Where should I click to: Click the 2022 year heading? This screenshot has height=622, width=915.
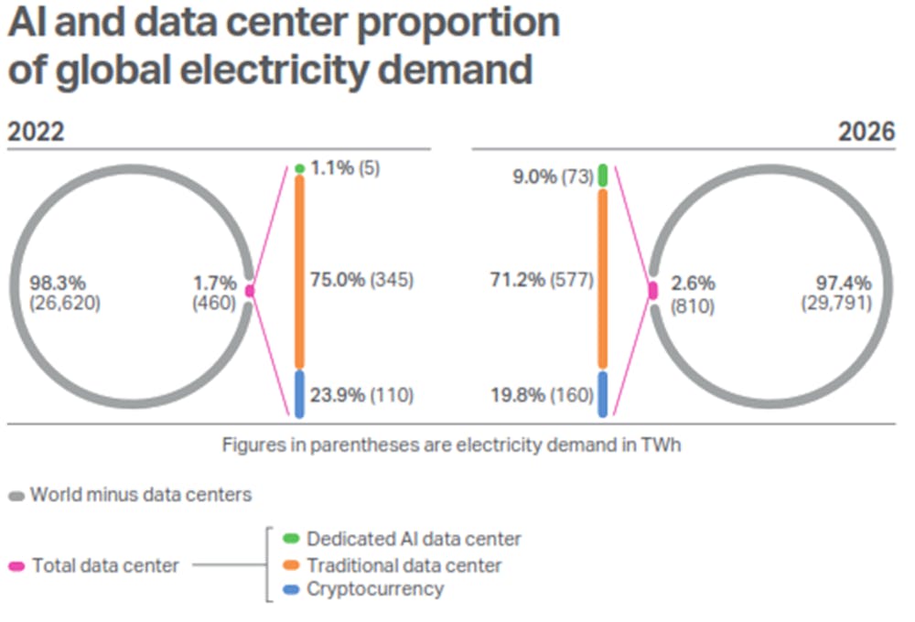click(x=37, y=132)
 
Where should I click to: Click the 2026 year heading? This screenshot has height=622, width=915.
click(x=867, y=132)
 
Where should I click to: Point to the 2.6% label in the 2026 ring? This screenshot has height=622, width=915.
click(x=694, y=284)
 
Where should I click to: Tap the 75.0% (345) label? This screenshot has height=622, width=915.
click(x=361, y=281)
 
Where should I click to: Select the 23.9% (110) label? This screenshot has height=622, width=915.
click(x=361, y=395)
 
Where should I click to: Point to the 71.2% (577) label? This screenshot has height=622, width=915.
click(x=542, y=281)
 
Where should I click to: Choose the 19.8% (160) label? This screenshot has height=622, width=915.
click(x=542, y=395)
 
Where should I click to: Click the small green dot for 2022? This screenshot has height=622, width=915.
click(x=299, y=168)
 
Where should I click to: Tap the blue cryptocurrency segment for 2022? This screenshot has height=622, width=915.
click(x=299, y=393)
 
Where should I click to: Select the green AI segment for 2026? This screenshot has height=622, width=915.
click(x=602, y=176)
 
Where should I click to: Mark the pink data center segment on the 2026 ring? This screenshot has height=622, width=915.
click(x=652, y=290)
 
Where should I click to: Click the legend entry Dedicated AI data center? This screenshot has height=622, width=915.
click(x=414, y=539)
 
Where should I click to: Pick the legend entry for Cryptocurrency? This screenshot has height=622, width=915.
click(x=374, y=588)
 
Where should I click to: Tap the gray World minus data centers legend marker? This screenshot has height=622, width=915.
click(x=16, y=497)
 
